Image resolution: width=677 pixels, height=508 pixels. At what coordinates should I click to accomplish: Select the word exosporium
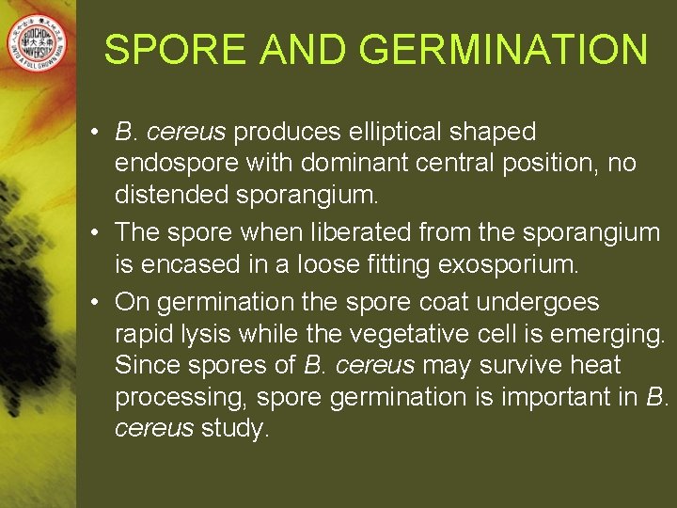(x=508, y=265)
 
